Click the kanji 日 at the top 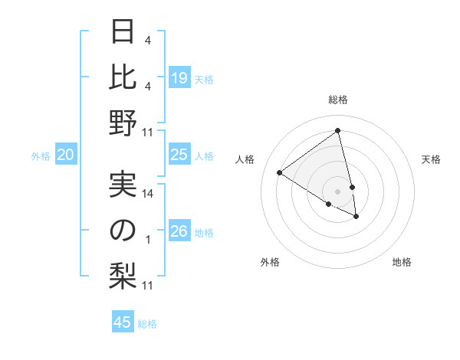(x=123, y=32)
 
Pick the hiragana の (x=123, y=231)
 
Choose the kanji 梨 (x=123, y=276)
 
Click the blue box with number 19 (x=179, y=78)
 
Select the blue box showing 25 (x=179, y=155)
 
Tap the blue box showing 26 (x=179, y=232)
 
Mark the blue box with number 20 (x=66, y=155)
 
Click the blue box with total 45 (x=123, y=322)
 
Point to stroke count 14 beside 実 (x=149, y=194)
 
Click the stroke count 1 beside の (x=148, y=240)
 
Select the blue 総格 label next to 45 (x=147, y=324)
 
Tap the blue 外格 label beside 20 (x=41, y=156)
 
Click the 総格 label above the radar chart (x=338, y=100)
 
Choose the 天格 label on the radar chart (x=431, y=160)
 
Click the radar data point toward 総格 (x=338, y=131)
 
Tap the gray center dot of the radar (x=338, y=190)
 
